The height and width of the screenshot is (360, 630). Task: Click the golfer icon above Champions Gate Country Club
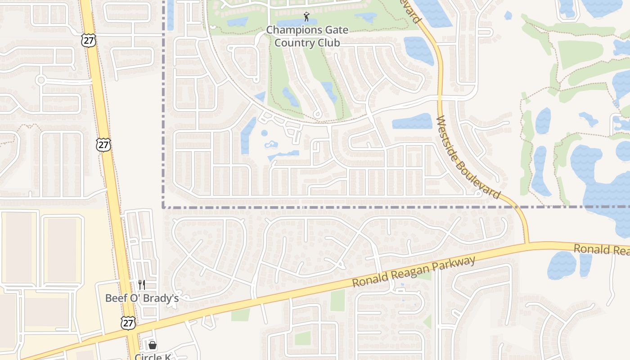pos(307,17)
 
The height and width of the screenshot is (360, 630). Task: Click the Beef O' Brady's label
pos(142,298)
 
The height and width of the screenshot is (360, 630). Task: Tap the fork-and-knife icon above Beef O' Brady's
pos(142,284)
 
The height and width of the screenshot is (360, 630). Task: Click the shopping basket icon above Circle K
pos(153,345)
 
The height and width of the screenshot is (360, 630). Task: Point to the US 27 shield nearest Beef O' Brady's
pos(128,322)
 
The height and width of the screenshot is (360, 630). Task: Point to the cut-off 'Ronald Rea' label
pos(601,249)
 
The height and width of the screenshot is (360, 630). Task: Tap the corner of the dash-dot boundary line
pos(163,207)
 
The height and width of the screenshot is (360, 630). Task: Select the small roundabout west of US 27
pos(41,80)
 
